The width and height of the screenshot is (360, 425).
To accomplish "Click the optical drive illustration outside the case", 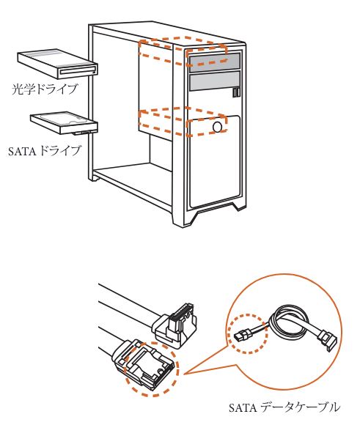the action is coord(57,64).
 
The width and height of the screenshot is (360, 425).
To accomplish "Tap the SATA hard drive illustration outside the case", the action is coord(64,123).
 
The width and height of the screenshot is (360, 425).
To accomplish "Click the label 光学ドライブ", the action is coord(45,89).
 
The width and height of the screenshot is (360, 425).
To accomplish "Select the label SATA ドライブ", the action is coord(45,151).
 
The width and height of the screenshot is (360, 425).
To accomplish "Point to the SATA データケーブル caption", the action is coord(284,407).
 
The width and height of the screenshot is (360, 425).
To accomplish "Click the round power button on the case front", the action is coord(218,127).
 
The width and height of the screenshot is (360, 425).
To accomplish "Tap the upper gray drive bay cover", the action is coord(215,62).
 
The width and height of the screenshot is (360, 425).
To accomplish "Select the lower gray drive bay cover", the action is coord(215,81).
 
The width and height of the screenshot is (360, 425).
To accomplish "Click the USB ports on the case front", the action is coord(236,92).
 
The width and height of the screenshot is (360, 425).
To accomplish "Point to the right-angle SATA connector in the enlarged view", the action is coord(175,325).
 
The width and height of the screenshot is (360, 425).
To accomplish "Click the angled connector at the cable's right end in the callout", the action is coord(328,340).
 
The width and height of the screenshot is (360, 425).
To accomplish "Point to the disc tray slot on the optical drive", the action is coord(78,72).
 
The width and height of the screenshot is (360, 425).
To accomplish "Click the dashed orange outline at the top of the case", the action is coord(183,51).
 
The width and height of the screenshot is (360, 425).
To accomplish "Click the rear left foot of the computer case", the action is coord(95,178).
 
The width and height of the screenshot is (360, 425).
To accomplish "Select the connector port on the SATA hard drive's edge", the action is coord(81,133).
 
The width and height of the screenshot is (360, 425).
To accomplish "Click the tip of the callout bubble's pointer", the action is coord(185,374).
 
